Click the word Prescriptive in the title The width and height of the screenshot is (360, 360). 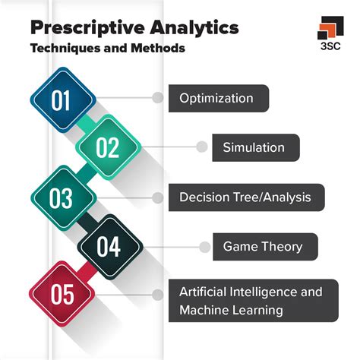87,28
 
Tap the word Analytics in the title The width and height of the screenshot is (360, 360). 194,28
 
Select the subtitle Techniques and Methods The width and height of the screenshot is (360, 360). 108,48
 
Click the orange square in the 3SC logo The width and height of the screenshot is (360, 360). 327,30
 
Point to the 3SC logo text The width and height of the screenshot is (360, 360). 330,46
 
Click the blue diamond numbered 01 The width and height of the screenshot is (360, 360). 63,99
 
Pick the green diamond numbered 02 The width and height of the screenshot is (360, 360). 108,147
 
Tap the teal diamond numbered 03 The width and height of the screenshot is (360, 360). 64,198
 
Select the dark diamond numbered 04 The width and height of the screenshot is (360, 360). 110,247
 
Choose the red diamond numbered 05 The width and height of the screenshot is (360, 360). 62,294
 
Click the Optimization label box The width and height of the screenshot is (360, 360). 219,98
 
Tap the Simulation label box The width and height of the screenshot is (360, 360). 256,147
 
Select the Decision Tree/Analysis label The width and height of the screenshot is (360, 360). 247,197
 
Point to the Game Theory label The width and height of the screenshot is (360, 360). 265,247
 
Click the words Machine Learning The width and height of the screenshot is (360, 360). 231,311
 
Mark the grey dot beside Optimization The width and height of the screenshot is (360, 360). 158,98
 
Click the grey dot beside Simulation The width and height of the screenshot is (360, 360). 202,147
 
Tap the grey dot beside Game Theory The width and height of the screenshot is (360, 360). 204,247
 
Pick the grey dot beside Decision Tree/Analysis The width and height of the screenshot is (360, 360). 158,197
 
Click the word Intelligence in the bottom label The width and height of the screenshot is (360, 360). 258,292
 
